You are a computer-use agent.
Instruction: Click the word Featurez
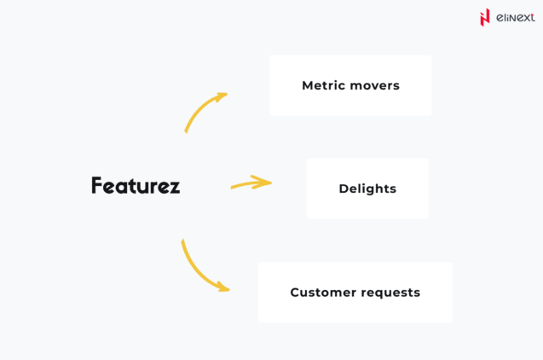(136, 186)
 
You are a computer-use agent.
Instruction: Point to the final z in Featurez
(175, 188)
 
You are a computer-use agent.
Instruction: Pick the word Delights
(367, 189)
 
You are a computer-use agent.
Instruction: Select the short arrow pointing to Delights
(250, 183)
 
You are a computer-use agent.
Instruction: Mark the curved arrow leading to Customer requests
(199, 270)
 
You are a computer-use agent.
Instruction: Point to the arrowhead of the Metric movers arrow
(222, 96)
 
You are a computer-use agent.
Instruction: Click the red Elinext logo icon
(485, 17)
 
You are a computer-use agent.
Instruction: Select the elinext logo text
(515, 17)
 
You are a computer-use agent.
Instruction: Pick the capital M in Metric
(307, 85)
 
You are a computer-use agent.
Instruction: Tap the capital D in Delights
(344, 189)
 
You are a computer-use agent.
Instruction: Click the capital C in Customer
(295, 293)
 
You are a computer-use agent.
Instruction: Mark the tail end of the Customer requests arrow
(182, 242)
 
